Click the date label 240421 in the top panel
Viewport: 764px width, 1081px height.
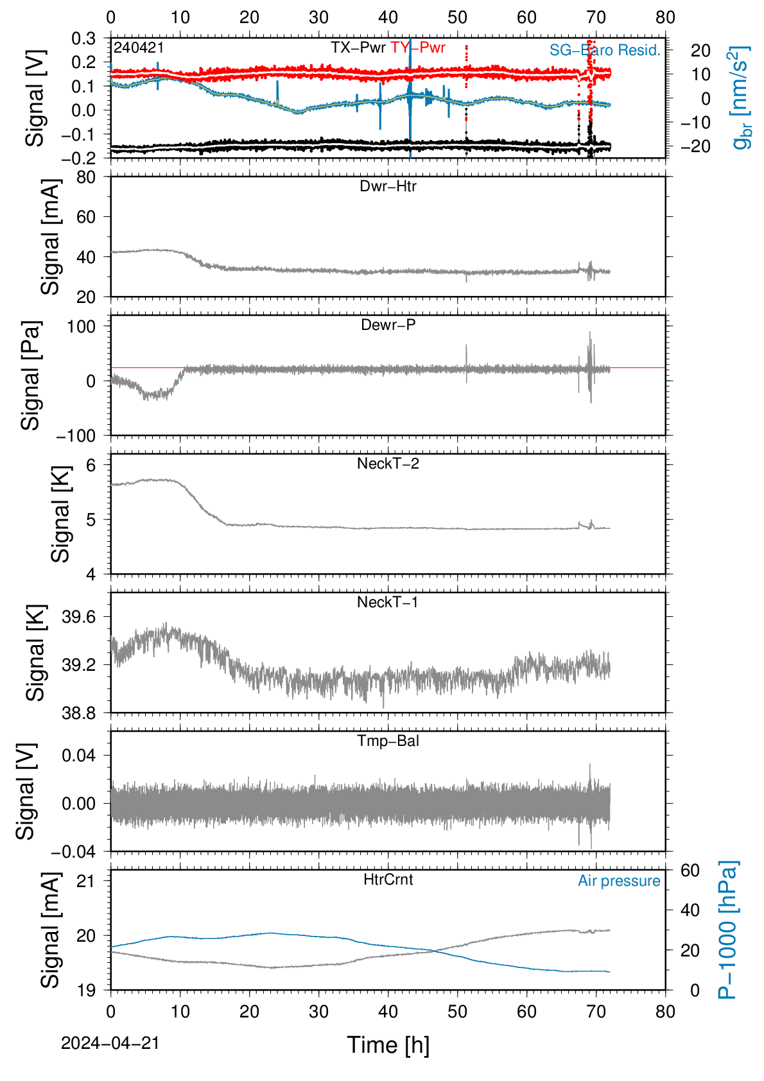click(x=139, y=48)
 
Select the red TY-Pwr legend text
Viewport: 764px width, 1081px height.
click(x=417, y=48)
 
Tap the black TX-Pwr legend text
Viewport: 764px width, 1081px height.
click(x=358, y=48)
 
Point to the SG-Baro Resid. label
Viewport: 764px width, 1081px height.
click(x=605, y=50)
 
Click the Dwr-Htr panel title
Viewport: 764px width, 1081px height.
click(x=388, y=186)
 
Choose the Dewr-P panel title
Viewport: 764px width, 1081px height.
click(x=388, y=325)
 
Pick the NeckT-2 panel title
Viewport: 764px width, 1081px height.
click(x=388, y=463)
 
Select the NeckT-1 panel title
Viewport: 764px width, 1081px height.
click(x=388, y=602)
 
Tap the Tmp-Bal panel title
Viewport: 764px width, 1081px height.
click(x=388, y=741)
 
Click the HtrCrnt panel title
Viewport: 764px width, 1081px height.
click(x=388, y=880)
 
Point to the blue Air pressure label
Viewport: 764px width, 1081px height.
click(x=619, y=881)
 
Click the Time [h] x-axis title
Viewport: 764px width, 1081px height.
click(x=388, y=1045)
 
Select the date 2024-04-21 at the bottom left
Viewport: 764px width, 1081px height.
click(x=110, y=1044)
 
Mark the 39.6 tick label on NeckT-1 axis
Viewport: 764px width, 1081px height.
click(x=79, y=617)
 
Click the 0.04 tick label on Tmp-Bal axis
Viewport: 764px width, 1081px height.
click(x=79, y=756)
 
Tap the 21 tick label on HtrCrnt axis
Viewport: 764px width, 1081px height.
click(x=87, y=881)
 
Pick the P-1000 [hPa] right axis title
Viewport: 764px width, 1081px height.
click(x=727, y=930)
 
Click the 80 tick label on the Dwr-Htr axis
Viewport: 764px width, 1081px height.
click(x=87, y=178)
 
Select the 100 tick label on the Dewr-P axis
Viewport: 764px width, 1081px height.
click(x=82, y=327)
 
